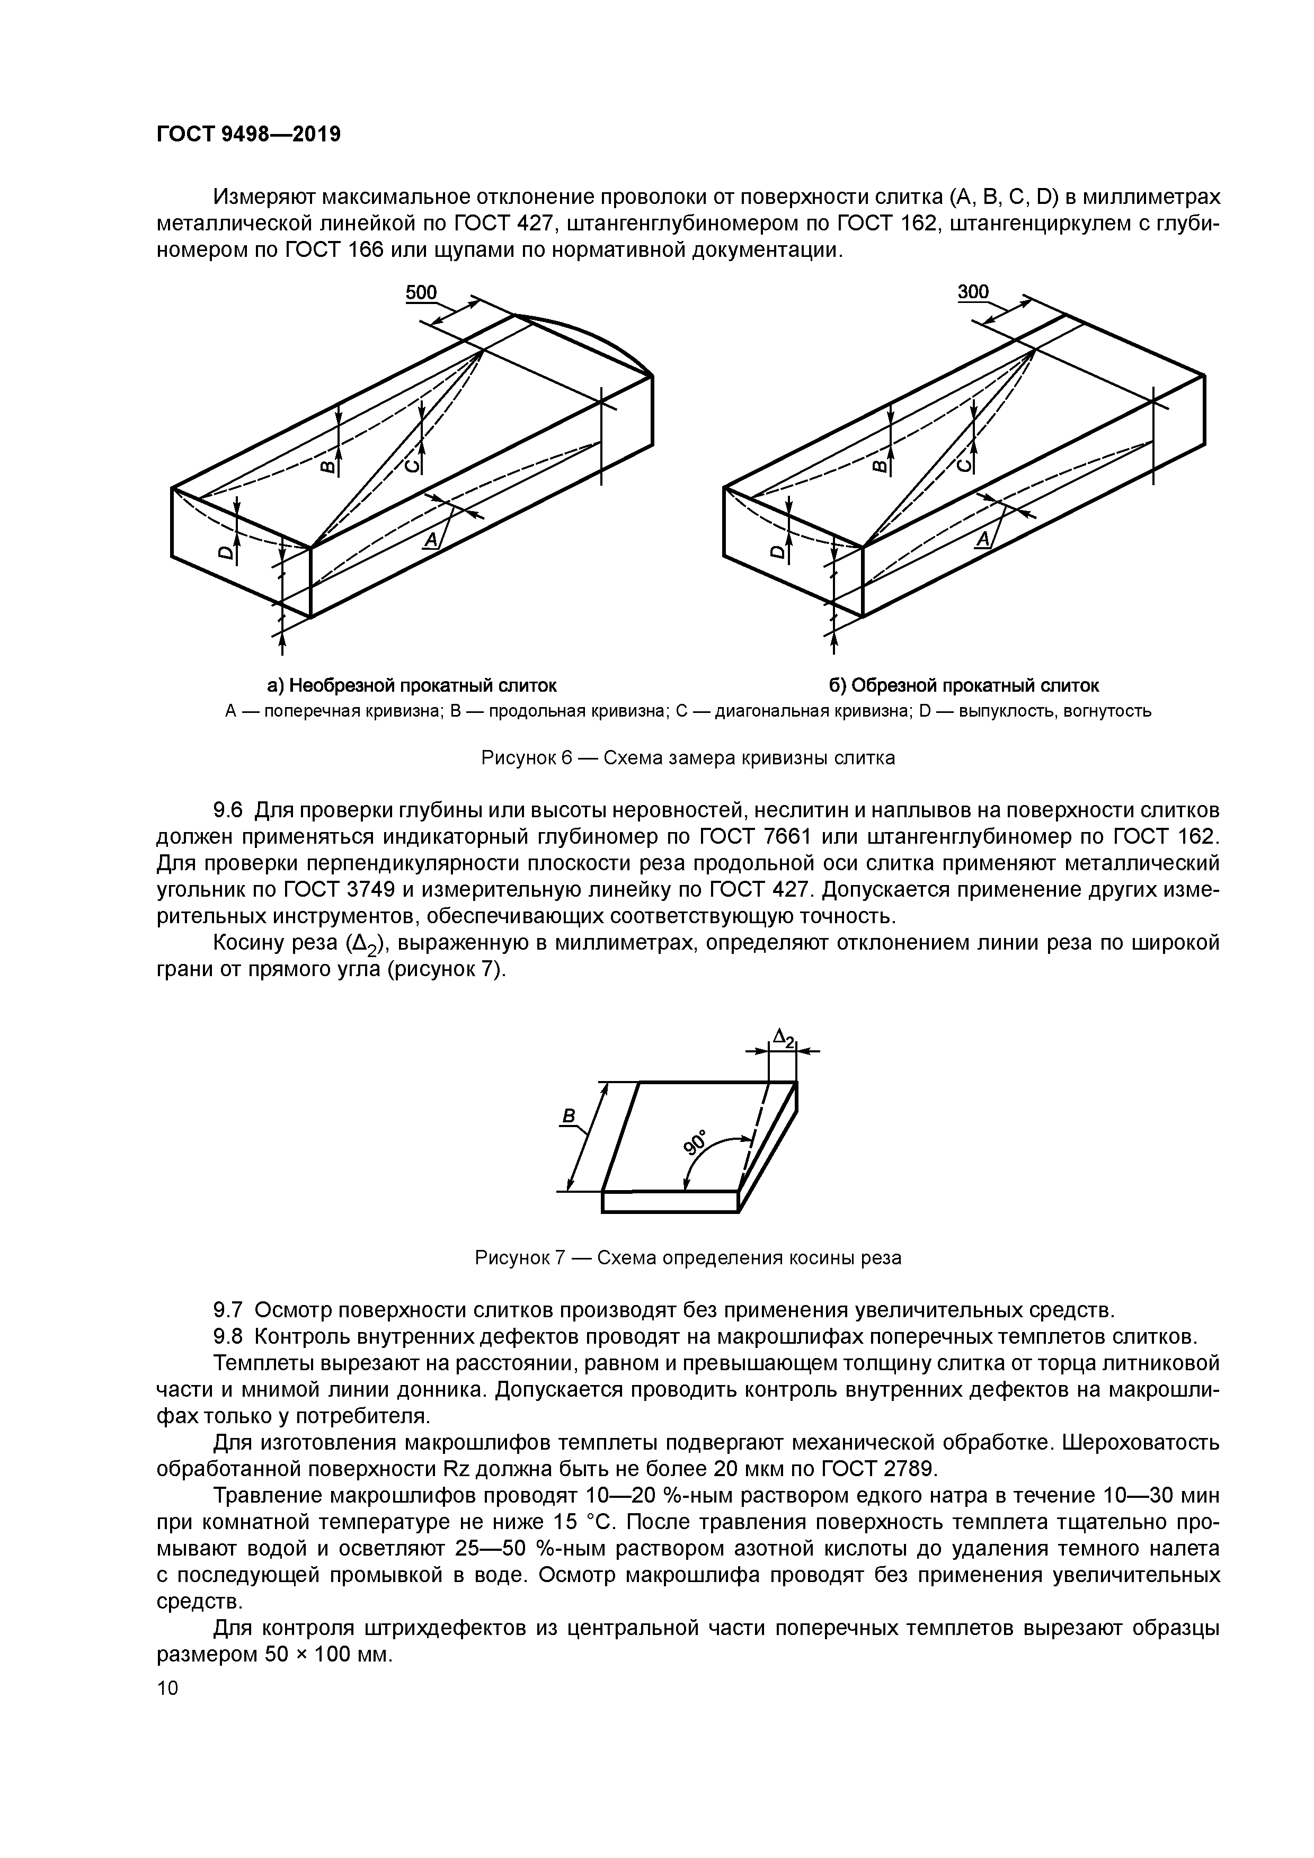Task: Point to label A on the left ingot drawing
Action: tap(431, 540)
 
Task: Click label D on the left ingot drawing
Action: tap(226, 553)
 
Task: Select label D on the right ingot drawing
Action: tap(778, 553)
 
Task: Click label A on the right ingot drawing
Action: tap(984, 540)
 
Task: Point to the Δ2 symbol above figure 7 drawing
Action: tap(784, 1037)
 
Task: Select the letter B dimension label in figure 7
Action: tap(569, 1116)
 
